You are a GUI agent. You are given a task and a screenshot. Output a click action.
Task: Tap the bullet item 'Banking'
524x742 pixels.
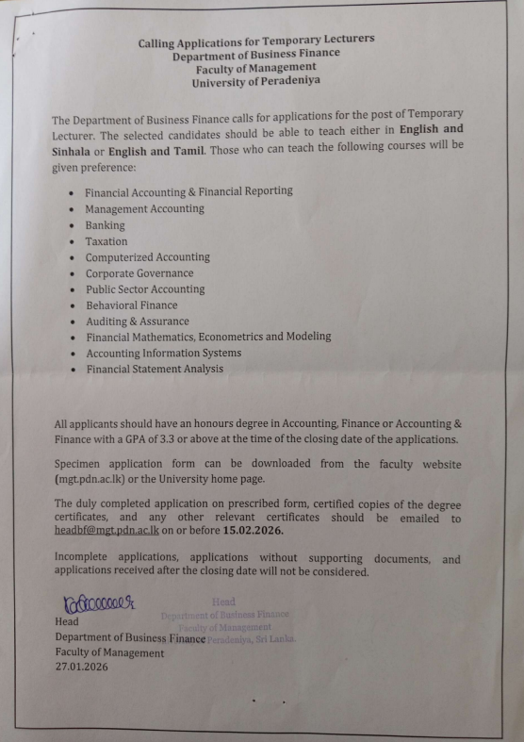point(105,226)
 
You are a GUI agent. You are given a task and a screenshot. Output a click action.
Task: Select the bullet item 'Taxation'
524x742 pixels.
point(106,241)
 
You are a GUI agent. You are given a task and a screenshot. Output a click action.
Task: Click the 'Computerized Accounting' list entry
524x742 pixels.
point(147,257)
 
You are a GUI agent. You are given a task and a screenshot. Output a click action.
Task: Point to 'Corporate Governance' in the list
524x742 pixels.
point(139,273)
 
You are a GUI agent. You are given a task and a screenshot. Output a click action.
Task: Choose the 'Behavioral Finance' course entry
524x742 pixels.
point(131,305)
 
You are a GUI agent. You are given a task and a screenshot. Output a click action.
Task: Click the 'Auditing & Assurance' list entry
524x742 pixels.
point(138,321)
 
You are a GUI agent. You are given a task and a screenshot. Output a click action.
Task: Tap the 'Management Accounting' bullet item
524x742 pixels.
point(144,209)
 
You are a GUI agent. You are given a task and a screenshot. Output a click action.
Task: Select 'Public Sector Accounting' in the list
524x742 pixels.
point(144,289)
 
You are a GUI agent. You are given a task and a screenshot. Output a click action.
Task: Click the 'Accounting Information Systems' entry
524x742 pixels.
point(163,353)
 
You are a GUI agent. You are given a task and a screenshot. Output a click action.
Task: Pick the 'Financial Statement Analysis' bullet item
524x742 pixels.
point(156,369)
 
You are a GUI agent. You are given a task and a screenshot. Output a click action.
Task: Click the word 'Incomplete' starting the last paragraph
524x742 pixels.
point(83,559)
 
